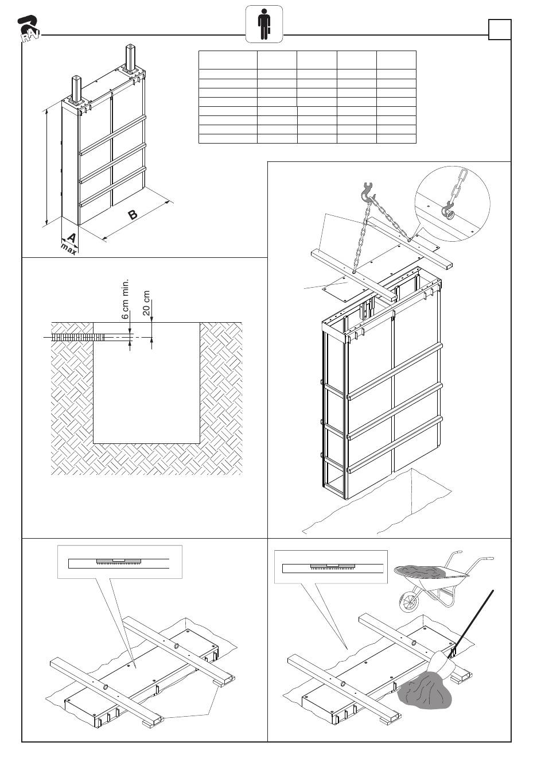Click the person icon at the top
(264, 24)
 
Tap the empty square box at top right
(499, 29)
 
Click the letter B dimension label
(133, 215)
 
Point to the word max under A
(69, 249)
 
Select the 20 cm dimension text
(146, 303)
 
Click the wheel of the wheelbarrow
(409, 602)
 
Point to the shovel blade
(442, 663)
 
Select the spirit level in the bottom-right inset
(333, 566)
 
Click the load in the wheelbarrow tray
(422, 570)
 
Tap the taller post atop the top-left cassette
(131, 58)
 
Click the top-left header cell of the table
(228, 60)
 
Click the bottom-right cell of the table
(396, 138)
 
